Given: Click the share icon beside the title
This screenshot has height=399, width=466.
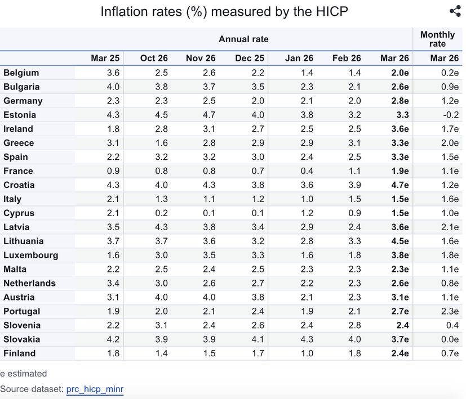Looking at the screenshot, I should [455, 11].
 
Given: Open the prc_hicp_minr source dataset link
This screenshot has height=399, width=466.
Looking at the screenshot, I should [95, 389].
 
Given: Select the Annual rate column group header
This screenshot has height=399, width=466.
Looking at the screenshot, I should [243, 39].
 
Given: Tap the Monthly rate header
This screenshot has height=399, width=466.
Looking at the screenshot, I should [437, 39].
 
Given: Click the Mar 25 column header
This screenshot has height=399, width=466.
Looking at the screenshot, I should [105, 59].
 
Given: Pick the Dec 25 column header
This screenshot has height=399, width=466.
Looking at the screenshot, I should [250, 59].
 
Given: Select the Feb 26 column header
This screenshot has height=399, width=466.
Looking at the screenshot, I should [347, 59].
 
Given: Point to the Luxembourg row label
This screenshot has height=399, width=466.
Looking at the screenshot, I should [30, 255].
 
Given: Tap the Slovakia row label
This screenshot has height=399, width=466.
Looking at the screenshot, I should [21, 339].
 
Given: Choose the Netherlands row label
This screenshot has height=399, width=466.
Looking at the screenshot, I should [29, 283].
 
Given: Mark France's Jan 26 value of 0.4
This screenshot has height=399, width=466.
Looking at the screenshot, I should [307, 171].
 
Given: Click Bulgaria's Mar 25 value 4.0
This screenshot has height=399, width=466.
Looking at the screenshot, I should [113, 87].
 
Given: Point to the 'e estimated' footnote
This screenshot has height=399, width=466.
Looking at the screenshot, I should [24, 373].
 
